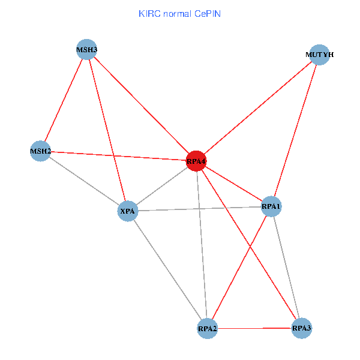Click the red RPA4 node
click(x=196, y=161)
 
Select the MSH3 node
click(x=86, y=50)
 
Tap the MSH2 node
click(x=40, y=151)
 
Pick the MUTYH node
click(x=319, y=55)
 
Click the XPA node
click(x=128, y=211)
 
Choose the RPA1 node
click(x=271, y=206)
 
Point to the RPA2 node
click(x=208, y=329)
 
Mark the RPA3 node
click(x=301, y=328)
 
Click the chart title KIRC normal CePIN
click(x=180, y=14)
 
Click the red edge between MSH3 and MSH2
click(x=64, y=100)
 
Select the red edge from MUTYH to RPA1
click(x=295, y=131)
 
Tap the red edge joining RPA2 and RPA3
click(x=254, y=328)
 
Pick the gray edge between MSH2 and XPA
click(x=84, y=181)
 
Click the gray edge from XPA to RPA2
click(x=167, y=270)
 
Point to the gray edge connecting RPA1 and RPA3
click(x=286, y=267)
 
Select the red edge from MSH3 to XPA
click(x=107, y=130)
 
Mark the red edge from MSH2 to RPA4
click(x=118, y=156)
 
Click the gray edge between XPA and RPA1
click(x=200, y=209)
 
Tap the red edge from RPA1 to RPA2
click(x=239, y=268)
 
